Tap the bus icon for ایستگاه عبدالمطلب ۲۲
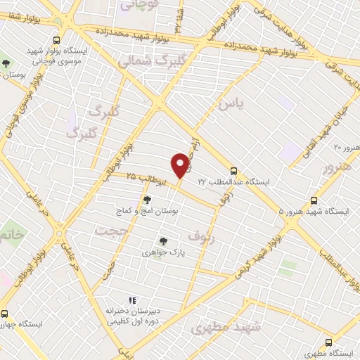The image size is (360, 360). tap(234, 170)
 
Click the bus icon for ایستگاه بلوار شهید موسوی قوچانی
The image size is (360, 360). tap(56, 40)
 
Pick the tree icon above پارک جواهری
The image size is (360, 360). tap(163, 240)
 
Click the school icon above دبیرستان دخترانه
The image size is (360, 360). tap(131, 300)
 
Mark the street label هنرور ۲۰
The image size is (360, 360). tap(346, 147)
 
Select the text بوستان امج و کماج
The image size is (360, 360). tap(147, 210)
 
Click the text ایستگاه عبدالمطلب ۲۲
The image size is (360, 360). tap(233, 181)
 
